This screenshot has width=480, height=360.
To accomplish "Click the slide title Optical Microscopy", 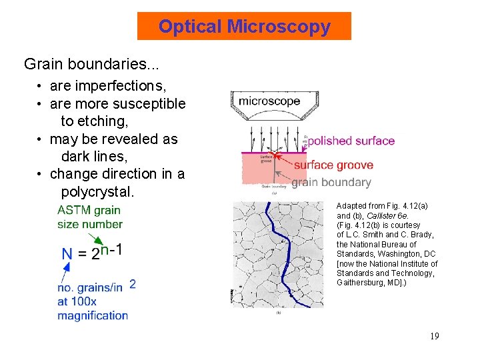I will click(244, 27).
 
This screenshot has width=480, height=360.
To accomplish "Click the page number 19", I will click(434, 336).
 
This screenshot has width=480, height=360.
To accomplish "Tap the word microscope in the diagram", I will click(269, 101).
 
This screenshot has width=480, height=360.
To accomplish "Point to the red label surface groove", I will click(333, 165).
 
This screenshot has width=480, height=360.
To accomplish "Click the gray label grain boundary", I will click(331, 182).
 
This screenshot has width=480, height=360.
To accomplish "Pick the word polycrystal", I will click(97, 192).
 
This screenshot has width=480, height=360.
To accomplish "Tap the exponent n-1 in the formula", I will click(111, 249).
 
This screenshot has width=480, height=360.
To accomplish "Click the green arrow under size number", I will click(97, 238).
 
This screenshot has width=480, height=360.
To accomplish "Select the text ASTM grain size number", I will click(89, 217).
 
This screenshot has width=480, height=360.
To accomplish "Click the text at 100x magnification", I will click(93, 308).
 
